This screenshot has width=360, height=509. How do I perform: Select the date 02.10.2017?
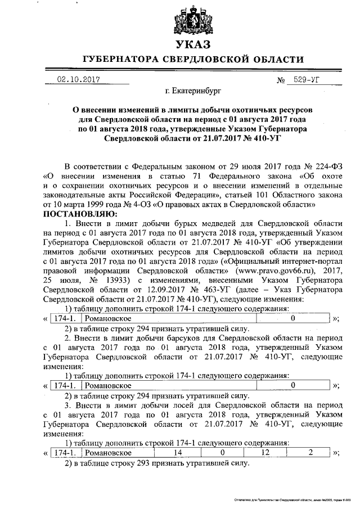click(78, 80)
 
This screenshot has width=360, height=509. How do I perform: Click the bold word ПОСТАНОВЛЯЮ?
click(80, 214)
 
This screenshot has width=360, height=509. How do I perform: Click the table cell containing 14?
click(178, 453)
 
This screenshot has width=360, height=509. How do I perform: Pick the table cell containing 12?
click(265, 453)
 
